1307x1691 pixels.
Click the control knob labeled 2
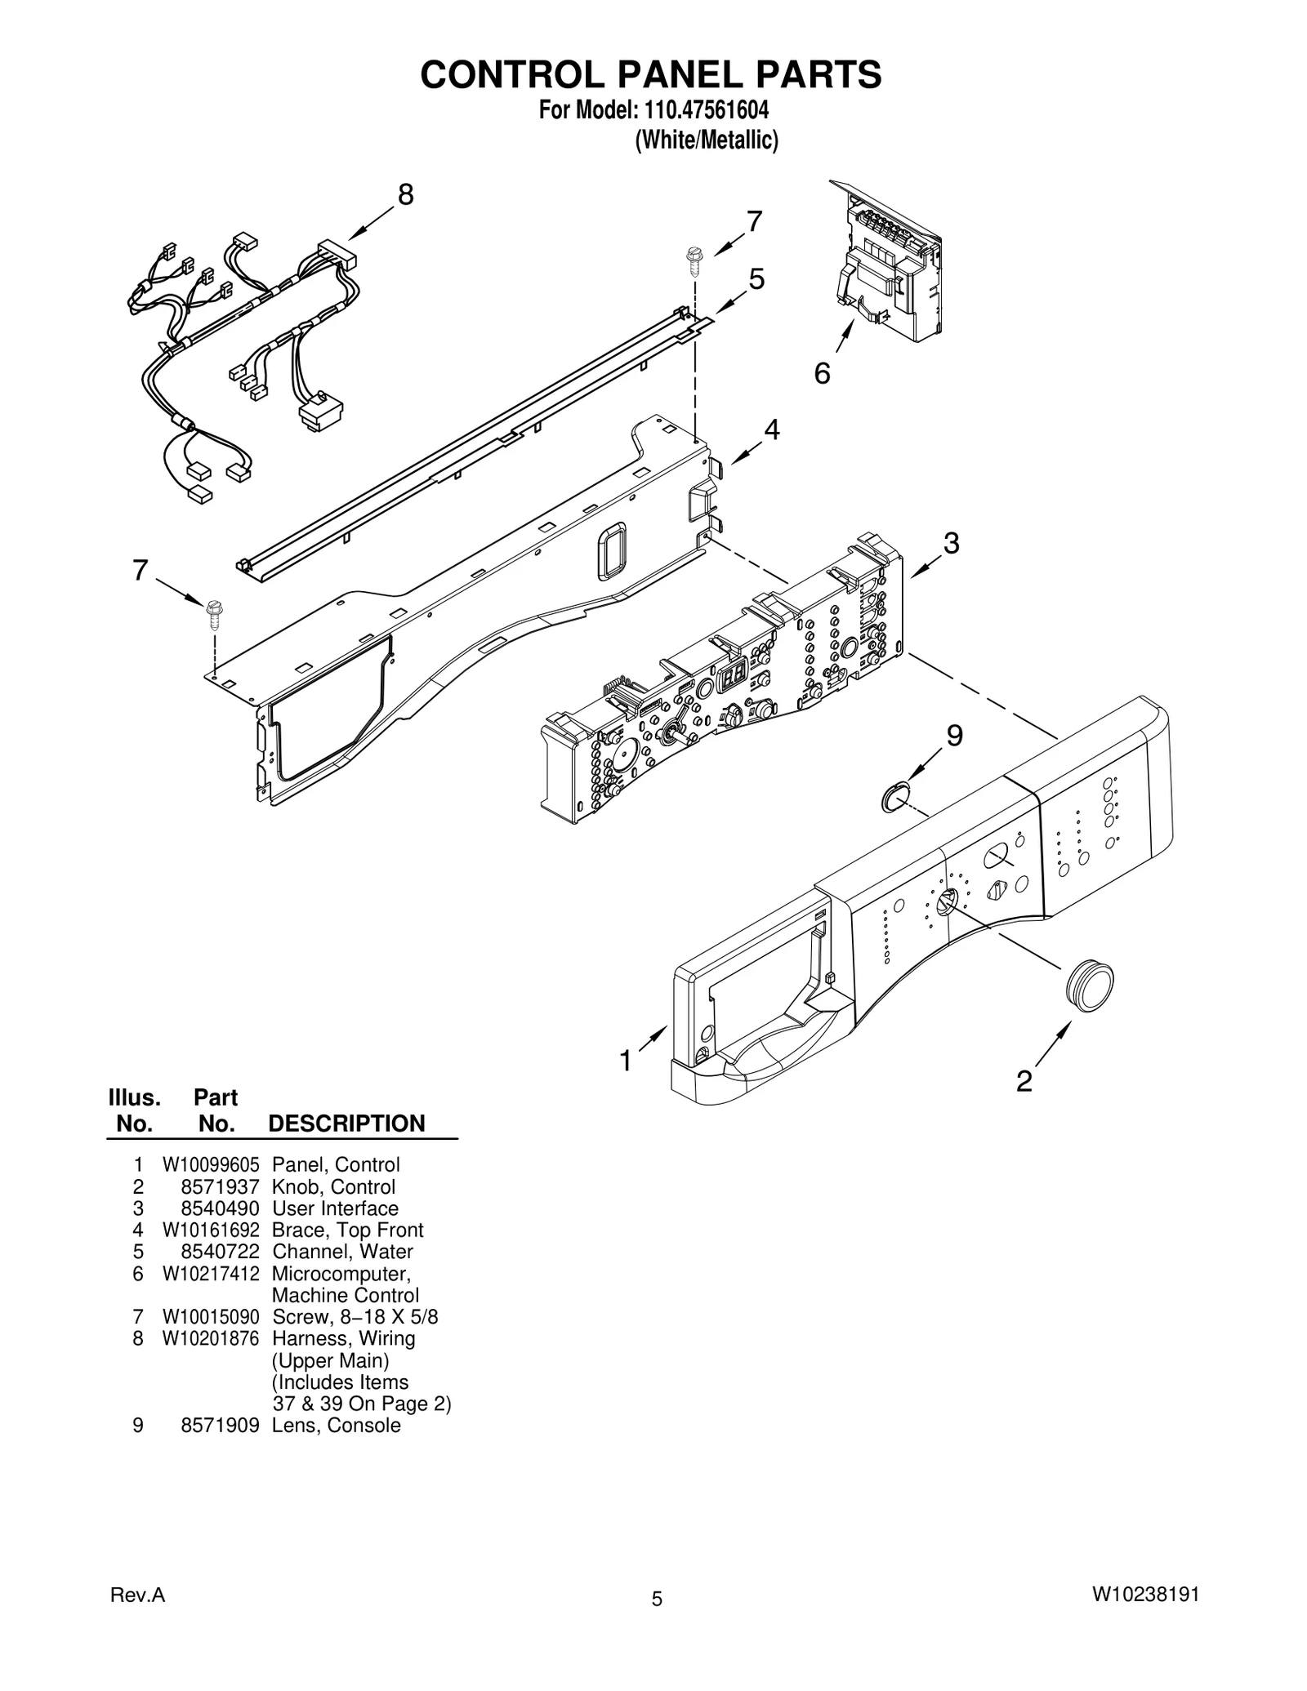(x=1090, y=986)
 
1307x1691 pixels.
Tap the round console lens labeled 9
(x=895, y=796)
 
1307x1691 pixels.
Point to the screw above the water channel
(x=695, y=260)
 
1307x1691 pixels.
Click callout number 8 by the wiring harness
(x=405, y=195)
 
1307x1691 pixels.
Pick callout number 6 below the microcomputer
(x=822, y=373)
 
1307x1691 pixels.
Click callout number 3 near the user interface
(x=951, y=543)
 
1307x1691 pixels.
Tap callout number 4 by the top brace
(x=771, y=429)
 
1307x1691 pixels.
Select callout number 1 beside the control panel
(x=626, y=1061)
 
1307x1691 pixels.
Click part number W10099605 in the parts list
(x=211, y=1165)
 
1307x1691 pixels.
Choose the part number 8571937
(x=220, y=1187)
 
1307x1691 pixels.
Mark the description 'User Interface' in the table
(x=335, y=1208)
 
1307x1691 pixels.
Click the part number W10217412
(x=211, y=1274)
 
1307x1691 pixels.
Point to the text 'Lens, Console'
(x=336, y=1426)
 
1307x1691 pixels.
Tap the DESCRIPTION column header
(x=346, y=1124)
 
